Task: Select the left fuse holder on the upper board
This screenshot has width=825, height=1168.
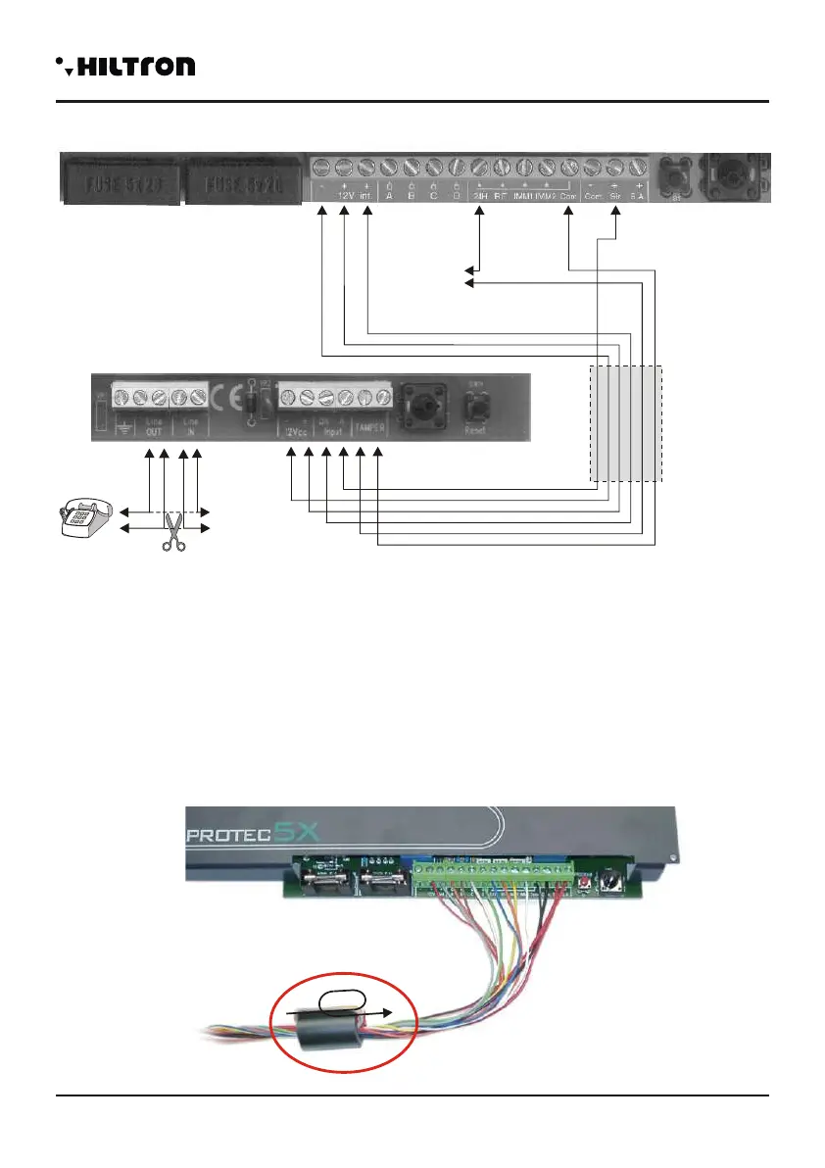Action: [x=121, y=182]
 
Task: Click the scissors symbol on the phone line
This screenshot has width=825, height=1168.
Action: [x=172, y=530]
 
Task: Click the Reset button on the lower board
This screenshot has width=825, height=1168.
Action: [x=478, y=405]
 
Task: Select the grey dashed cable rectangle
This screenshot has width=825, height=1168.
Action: [x=626, y=423]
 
